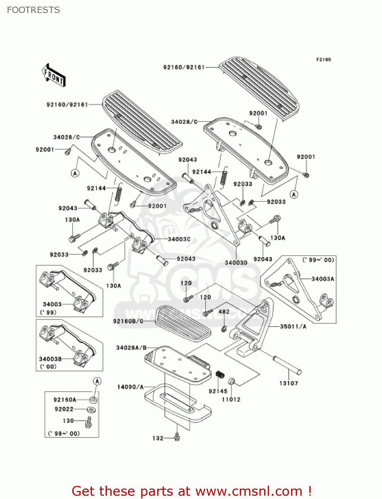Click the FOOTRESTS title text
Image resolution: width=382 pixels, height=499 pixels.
tap(33, 10)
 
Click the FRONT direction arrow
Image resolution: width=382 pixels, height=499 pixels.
tap(54, 76)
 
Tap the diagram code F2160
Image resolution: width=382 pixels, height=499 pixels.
tap(323, 60)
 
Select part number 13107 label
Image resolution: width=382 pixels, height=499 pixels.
tap(288, 383)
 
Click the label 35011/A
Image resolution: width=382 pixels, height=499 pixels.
tap(293, 326)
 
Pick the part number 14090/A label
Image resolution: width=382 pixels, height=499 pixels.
tap(130, 387)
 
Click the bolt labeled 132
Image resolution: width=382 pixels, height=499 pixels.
tap(177, 437)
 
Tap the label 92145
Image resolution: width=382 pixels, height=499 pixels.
tap(218, 391)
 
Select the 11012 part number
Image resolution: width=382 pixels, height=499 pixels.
tap(231, 399)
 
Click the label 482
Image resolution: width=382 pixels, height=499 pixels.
tap(224, 312)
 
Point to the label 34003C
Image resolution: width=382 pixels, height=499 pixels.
tap(179, 239)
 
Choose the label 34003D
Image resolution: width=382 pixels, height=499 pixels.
tap(236, 262)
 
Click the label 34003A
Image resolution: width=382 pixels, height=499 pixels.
tap(322, 279)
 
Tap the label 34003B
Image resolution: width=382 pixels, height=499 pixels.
tap(50, 359)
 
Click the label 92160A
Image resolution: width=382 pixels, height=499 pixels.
tap(65, 400)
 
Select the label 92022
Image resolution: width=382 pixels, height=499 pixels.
tap(64, 409)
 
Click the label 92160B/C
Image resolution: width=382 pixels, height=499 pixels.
tap(128, 321)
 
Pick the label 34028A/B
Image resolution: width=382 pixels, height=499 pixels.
tap(131, 348)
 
